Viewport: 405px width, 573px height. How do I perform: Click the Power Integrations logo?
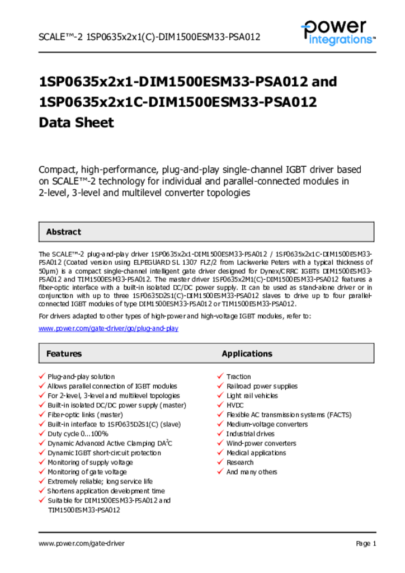tap(337, 32)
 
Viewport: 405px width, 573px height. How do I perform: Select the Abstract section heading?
tap(63, 232)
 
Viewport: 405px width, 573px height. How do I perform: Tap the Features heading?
tap(64, 354)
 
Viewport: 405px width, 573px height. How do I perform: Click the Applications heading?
tap(247, 354)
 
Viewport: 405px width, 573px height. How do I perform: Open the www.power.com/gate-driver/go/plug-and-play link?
tap(108, 328)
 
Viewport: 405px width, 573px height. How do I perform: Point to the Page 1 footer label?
tap(366, 543)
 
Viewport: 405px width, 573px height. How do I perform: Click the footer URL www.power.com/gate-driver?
tap(81, 543)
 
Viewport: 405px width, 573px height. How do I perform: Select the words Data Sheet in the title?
tap(76, 123)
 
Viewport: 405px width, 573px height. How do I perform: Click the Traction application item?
tap(238, 377)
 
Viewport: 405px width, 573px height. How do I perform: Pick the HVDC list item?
tap(235, 405)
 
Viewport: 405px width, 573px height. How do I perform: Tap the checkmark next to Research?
tap(220, 462)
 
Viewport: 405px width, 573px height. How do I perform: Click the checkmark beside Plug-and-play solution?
tap(42, 377)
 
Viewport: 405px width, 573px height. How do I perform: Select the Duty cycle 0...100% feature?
tap(78, 434)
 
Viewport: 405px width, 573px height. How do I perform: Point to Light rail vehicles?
tap(252, 396)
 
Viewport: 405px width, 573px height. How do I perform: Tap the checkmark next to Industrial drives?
tap(220, 434)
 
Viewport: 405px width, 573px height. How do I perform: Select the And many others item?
tap(251, 472)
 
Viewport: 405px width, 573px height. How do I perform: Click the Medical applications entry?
tap(256, 453)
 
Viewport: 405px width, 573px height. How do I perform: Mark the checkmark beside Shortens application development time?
tap(42, 491)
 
